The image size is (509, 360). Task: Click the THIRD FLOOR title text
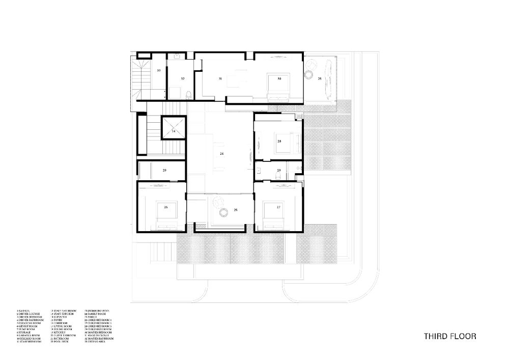pos(450,336)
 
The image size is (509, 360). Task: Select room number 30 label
pos(279,79)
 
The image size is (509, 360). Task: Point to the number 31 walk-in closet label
pos(220,79)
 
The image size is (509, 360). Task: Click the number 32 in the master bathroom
pos(182,79)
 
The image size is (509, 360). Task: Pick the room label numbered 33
pos(159,70)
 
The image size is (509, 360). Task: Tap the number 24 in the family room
pos(221,153)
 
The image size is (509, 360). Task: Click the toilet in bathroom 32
pos(188,94)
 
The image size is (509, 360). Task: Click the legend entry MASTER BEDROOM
pos(99,333)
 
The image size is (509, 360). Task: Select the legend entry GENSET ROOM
pos(31,326)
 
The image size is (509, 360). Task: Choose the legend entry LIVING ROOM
pos(64,326)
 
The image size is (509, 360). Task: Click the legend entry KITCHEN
pos(62,333)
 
